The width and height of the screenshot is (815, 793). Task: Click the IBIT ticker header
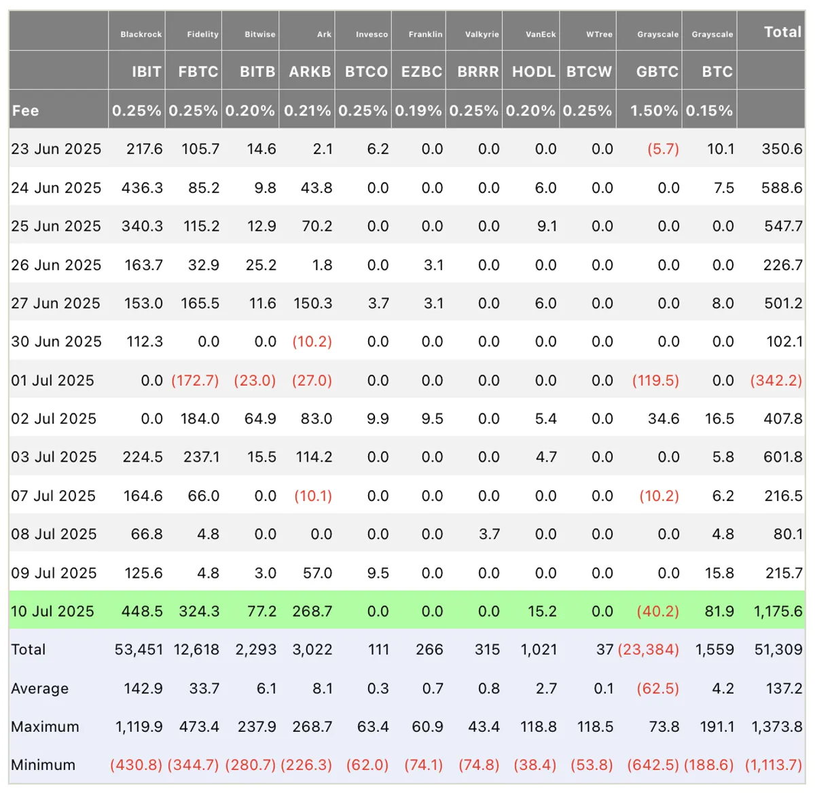(147, 71)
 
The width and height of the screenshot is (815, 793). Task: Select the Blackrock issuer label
(141, 35)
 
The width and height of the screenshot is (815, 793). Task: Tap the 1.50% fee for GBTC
(654, 111)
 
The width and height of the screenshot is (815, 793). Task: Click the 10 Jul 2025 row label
(53, 611)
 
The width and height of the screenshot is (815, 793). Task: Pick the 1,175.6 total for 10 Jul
(778, 611)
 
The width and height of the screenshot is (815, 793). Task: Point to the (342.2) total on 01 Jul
(776, 380)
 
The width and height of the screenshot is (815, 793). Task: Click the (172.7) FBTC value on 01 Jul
(195, 380)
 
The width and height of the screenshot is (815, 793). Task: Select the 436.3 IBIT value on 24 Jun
(142, 187)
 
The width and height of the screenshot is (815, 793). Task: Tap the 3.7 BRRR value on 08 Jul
(490, 534)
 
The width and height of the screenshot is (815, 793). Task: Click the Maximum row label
(46, 726)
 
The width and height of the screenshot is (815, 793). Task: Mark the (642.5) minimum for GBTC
(653, 765)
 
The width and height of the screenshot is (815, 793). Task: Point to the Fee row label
(26, 111)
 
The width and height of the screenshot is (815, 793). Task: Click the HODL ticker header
(534, 71)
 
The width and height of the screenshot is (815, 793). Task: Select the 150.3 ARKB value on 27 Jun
(313, 303)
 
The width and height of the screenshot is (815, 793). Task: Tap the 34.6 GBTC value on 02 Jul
(664, 419)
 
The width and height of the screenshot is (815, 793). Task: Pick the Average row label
(40, 688)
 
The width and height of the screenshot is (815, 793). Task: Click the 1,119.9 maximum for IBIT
(139, 726)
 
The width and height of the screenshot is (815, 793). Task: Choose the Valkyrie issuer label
(482, 35)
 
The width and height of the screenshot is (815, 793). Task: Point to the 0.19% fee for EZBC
(418, 111)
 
